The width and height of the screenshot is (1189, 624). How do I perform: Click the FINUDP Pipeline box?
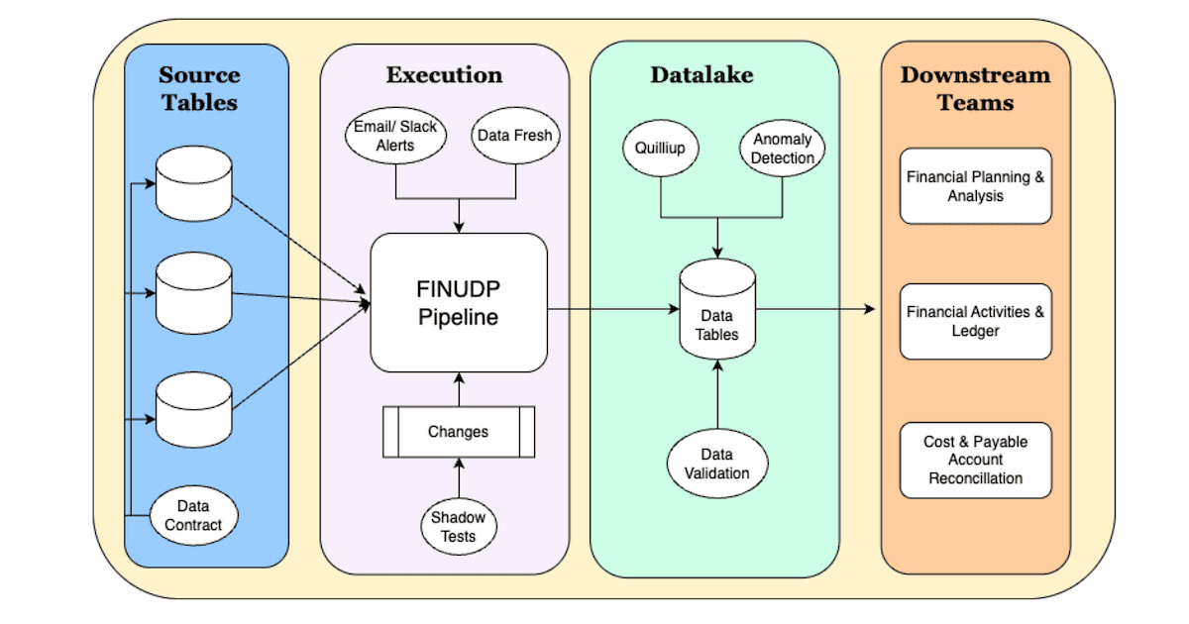[x=459, y=303]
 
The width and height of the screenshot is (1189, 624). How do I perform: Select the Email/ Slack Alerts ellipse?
[x=395, y=136]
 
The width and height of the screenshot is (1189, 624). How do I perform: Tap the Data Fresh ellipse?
[x=514, y=136]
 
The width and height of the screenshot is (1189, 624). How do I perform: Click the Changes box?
[x=458, y=432]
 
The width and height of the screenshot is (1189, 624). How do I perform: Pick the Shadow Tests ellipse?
[x=459, y=526]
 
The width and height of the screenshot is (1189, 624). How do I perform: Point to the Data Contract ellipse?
[x=194, y=515]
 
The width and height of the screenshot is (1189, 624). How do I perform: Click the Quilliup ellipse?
[x=661, y=149]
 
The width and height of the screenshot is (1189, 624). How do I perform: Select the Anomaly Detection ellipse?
[x=783, y=149]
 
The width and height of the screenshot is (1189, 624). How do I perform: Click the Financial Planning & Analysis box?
[x=975, y=186]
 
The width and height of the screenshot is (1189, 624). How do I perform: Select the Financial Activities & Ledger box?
[x=975, y=321]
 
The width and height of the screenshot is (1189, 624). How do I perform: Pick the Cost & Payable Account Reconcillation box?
[x=975, y=460]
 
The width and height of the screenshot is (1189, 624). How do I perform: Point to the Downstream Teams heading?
[x=975, y=88]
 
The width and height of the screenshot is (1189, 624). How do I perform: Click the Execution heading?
[x=444, y=75]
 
